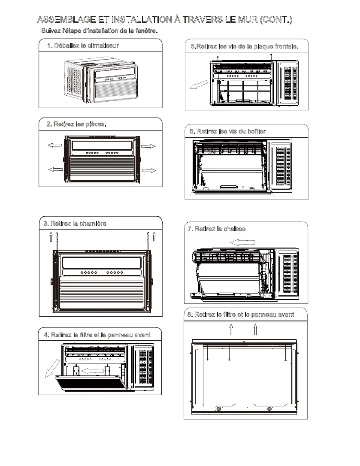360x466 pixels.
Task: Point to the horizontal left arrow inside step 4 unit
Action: coord(92,370)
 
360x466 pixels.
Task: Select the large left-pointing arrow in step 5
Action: coord(199,86)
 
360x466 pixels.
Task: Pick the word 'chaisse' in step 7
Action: coord(233,229)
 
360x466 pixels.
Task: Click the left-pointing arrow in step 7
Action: coord(242,242)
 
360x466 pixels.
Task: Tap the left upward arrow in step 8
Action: coord(231,329)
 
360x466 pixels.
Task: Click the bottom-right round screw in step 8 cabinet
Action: coord(269,409)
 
